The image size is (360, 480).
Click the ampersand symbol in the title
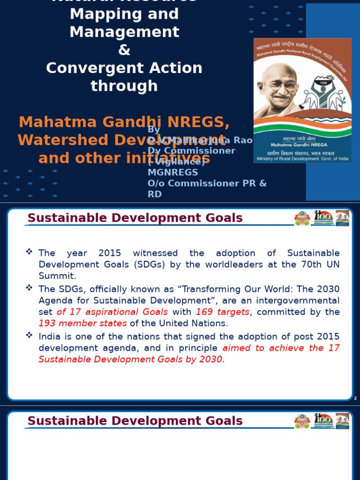pos(124,50)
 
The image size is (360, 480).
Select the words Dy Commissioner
pos(191,151)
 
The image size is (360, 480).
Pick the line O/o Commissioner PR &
pos(207,183)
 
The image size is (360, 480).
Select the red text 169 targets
pos(223,312)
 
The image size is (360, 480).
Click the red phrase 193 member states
pos(82,323)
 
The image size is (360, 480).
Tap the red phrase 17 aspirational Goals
pos(112,312)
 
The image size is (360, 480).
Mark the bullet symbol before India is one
pos(30,335)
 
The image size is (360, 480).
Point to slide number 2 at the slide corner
pos(355,398)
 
